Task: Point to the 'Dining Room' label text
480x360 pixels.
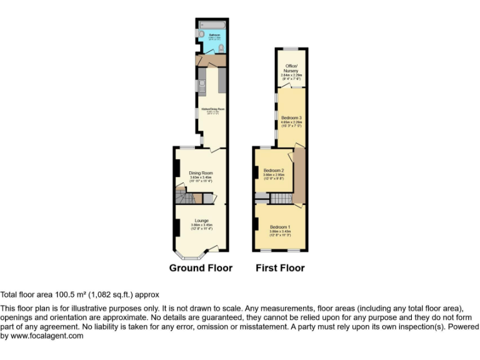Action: coord(201,172)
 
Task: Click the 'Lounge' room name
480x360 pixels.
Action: coord(201,220)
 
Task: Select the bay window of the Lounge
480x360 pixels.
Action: coord(188,254)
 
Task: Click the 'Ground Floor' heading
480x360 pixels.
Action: coord(201,268)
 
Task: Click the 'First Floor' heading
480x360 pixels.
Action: coord(280,268)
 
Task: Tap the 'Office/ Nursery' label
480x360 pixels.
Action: coord(291,68)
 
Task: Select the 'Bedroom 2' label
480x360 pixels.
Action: coord(274,171)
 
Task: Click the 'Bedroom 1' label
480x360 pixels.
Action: coord(280,226)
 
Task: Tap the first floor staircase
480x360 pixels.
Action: coord(262,199)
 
